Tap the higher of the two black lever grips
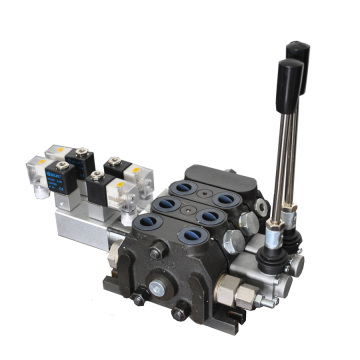[296, 55]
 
